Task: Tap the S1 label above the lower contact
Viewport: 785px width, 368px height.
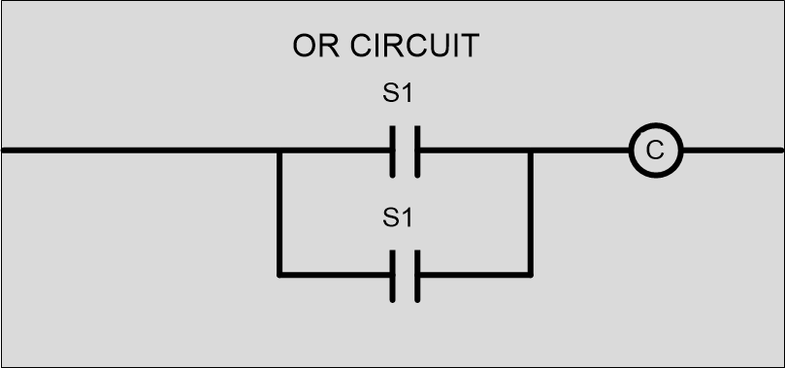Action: click(399, 218)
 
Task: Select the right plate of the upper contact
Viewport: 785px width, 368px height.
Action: click(417, 151)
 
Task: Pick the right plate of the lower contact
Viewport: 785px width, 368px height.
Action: click(417, 275)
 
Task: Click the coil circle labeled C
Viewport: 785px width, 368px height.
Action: click(655, 151)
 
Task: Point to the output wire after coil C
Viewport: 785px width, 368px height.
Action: click(733, 151)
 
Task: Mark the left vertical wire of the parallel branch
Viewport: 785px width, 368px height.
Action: click(278, 214)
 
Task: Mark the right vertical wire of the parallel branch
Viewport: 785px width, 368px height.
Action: click(531, 214)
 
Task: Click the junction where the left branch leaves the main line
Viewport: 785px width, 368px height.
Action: click(278, 151)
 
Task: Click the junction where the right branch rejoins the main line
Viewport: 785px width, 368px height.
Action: click(531, 151)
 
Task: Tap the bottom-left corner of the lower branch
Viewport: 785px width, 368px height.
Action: click(278, 275)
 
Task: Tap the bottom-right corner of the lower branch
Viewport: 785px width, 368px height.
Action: click(531, 275)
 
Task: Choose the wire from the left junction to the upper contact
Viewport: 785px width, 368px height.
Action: click(336, 151)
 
